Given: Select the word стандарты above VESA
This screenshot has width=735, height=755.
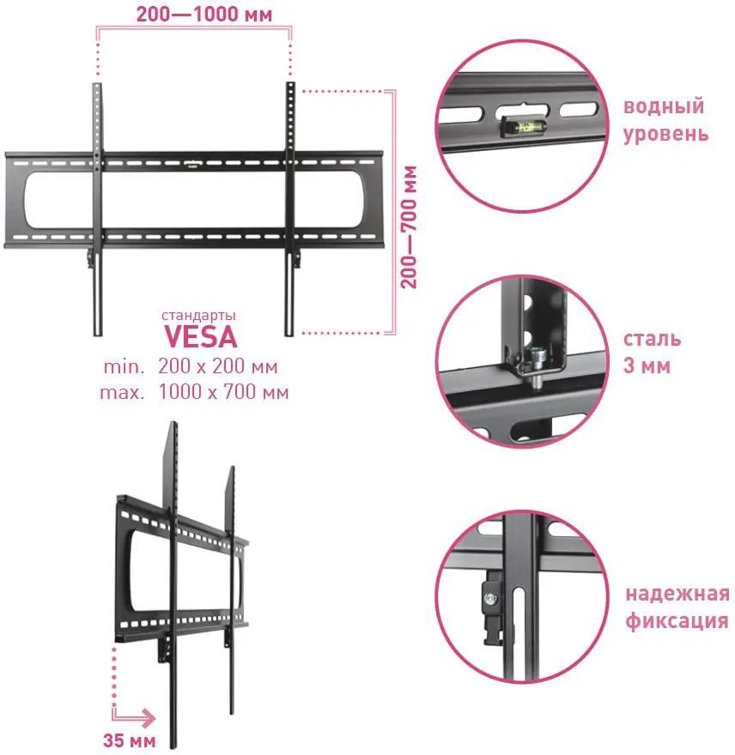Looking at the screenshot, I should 199,314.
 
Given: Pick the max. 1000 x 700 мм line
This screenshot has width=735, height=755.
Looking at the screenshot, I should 195,393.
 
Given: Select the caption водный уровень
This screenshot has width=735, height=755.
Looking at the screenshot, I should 665,120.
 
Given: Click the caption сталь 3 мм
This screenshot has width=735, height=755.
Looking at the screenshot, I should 653,352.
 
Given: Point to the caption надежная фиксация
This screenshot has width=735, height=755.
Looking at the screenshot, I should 677,607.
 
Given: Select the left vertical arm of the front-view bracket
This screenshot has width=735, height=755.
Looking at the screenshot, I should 97,206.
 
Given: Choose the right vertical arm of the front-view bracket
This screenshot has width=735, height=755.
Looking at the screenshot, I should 291,206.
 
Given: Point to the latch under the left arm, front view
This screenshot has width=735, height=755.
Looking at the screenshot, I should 90,255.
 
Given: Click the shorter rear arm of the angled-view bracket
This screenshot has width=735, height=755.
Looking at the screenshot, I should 231,583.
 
